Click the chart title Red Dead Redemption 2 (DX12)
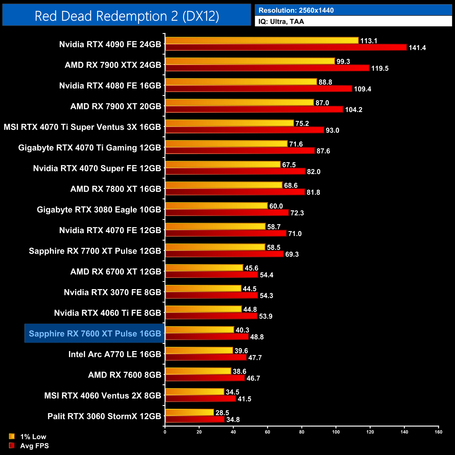click(x=127, y=16)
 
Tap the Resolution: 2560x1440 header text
click(x=296, y=10)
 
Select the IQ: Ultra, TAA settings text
click(x=281, y=22)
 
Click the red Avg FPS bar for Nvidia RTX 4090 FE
click(x=286, y=48)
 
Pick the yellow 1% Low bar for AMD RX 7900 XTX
click(x=250, y=61)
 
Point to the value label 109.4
click(x=362, y=89)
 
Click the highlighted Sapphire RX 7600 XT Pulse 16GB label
click(x=95, y=334)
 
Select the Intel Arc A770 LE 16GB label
click(x=115, y=354)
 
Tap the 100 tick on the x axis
click(x=336, y=432)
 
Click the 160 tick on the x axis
click(x=438, y=432)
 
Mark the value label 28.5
click(x=222, y=413)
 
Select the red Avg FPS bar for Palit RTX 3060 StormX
click(x=195, y=419)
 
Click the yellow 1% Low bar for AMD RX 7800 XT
click(x=224, y=185)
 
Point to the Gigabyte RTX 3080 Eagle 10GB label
click(x=99, y=210)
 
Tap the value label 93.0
click(x=332, y=131)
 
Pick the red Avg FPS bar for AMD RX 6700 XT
click(x=211, y=275)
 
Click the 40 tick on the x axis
click(x=233, y=432)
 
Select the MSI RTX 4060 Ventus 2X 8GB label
click(x=103, y=395)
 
